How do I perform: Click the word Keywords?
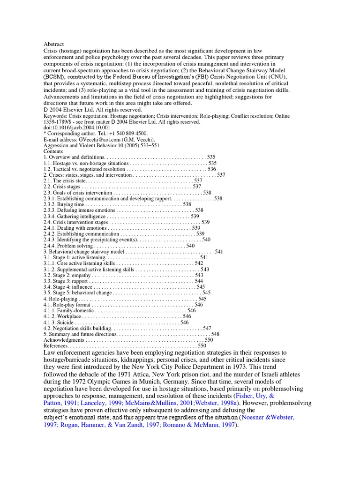click(x=55, y=116)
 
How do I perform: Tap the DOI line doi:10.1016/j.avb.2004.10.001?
click(x=77, y=127)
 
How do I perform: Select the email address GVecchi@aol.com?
click(x=94, y=140)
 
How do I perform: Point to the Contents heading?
click(x=53, y=151)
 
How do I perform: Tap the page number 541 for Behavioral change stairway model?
click(x=219, y=252)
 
